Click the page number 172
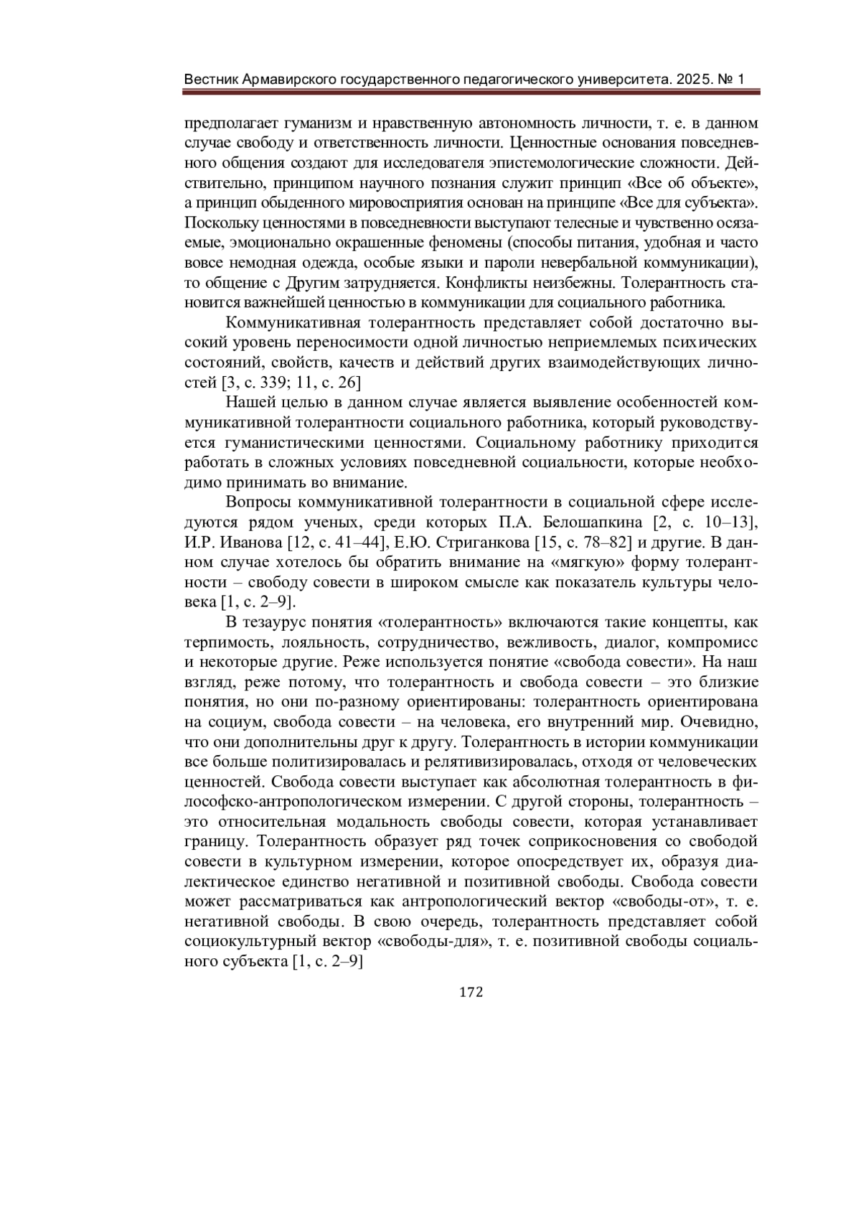(471, 993)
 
